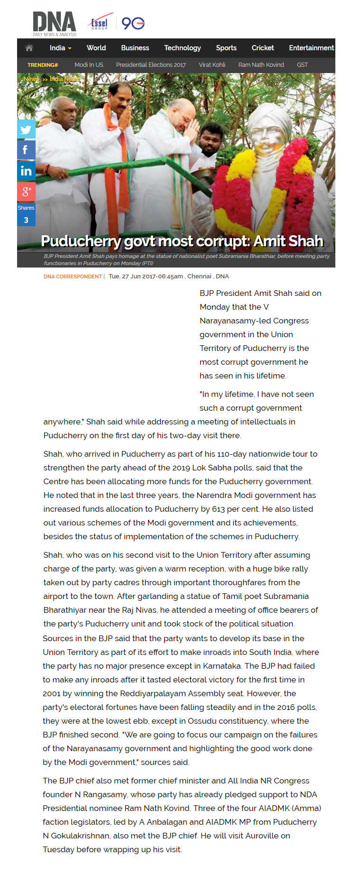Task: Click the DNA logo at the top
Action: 55,23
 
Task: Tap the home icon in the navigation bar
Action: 29,48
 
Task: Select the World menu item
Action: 96,48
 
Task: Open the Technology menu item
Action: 182,48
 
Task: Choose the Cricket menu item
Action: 263,48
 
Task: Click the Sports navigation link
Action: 226,48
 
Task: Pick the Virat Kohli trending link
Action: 212,65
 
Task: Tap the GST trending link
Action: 302,65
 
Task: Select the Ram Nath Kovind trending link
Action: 261,65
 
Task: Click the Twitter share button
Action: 26,129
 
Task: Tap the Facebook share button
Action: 26,150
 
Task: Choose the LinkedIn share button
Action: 26,171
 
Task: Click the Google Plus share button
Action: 26,192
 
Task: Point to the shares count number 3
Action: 26,220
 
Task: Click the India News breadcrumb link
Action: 64,79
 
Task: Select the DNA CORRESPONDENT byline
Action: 73,276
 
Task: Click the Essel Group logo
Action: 100,23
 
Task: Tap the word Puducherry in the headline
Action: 81,241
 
